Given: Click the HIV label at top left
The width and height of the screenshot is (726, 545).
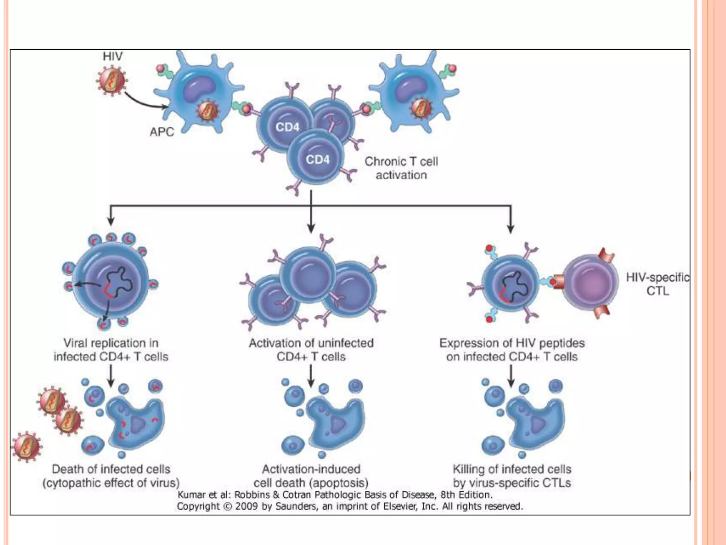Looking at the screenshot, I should point(112,56).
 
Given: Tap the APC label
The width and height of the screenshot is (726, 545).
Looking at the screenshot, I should point(162,132).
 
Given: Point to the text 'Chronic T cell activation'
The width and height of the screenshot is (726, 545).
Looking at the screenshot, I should point(401,168).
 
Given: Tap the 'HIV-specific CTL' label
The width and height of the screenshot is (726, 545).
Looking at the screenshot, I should point(657,284).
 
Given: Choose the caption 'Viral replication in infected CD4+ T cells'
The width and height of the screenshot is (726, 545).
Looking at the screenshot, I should point(111,350).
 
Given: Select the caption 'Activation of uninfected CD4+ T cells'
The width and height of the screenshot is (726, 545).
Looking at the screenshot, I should point(311,350).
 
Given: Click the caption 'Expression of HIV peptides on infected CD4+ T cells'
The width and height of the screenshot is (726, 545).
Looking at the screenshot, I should point(512,350).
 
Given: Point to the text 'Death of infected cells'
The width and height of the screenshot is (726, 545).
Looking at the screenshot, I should point(111,469).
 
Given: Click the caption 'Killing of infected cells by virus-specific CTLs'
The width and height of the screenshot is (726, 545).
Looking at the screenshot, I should point(512,476).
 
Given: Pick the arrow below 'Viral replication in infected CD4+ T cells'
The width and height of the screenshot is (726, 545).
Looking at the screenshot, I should point(111,376).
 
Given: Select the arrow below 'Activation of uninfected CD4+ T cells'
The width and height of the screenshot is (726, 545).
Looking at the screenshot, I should point(311,376).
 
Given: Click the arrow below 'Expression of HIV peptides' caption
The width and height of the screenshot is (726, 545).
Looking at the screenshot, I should point(511,376).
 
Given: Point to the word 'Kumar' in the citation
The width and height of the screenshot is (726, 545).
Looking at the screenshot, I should point(191,495).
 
